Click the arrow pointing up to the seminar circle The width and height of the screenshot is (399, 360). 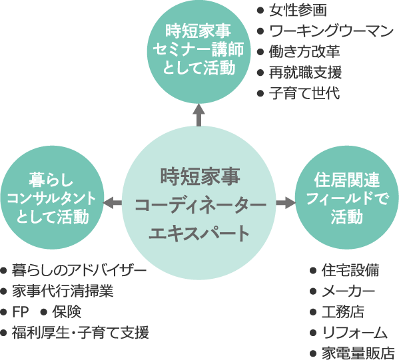tap(199, 115)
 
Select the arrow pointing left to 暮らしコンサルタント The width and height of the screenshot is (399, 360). tap(113, 203)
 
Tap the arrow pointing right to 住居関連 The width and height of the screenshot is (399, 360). tap(286, 203)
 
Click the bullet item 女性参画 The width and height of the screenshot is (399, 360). tap(292, 11)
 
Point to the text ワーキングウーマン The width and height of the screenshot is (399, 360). tap(325, 31)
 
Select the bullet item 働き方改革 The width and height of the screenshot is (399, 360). tap(298, 52)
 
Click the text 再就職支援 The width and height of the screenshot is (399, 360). tap(299, 73)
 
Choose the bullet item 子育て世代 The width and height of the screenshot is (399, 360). tap(298, 93)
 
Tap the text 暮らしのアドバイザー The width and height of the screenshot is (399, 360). tap(79, 270)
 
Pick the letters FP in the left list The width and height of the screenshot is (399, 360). tap(20, 311)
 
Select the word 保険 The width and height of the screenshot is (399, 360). tap(67, 311)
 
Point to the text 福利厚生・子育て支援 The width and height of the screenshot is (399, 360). tap(81, 333)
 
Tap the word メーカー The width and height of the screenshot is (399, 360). tap(348, 291)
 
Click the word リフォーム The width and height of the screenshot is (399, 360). tap(355, 333)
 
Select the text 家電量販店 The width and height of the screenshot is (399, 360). tap(358, 353)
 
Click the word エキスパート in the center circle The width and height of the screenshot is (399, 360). tap(199, 233)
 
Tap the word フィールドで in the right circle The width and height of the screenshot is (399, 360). tap(347, 198)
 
